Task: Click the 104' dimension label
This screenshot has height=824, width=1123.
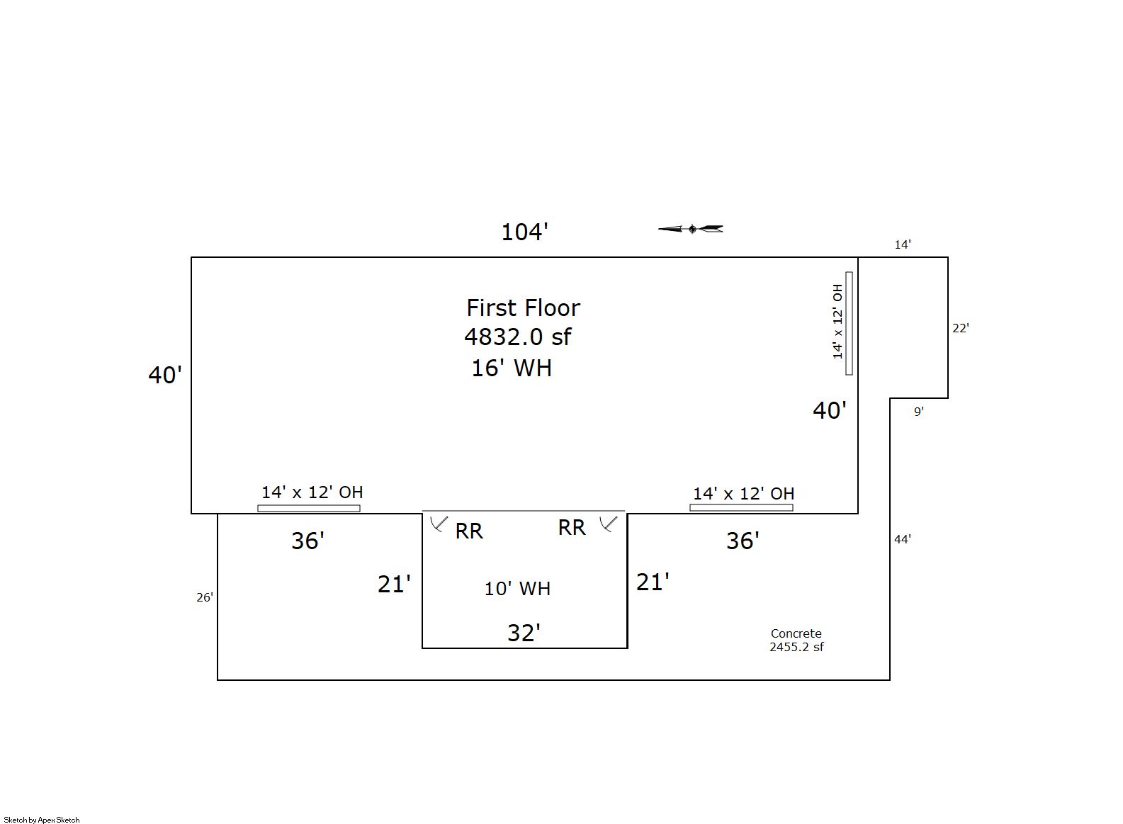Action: click(x=524, y=232)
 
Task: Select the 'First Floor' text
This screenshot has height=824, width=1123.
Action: click(x=523, y=307)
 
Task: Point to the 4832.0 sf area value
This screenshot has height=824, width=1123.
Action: click(x=517, y=337)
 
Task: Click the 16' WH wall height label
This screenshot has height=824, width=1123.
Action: click(x=512, y=368)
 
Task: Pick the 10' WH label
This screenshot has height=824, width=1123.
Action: click(x=517, y=589)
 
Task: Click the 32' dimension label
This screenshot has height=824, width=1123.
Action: click(x=524, y=633)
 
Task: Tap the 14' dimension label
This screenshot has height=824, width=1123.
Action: click(x=903, y=244)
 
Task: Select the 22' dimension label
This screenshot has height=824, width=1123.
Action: click(x=961, y=328)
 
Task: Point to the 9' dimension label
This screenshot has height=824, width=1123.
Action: click(x=918, y=412)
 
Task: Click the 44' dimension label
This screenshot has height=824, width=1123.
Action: click(x=903, y=539)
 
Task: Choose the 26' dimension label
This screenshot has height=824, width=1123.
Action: click(x=205, y=597)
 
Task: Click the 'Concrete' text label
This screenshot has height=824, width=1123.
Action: click(x=796, y=633)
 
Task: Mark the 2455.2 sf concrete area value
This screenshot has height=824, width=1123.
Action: click(x=796, y=647)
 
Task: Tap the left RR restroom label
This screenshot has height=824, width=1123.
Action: click(x=469, y=531)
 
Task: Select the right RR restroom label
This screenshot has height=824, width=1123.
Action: click(x=572, y=528)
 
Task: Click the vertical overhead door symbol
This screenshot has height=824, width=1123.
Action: click(x=849, y=323)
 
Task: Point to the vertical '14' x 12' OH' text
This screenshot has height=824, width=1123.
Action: click(x=837, y=322)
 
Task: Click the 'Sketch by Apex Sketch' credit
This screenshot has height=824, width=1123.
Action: click(x=42, y=820)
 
